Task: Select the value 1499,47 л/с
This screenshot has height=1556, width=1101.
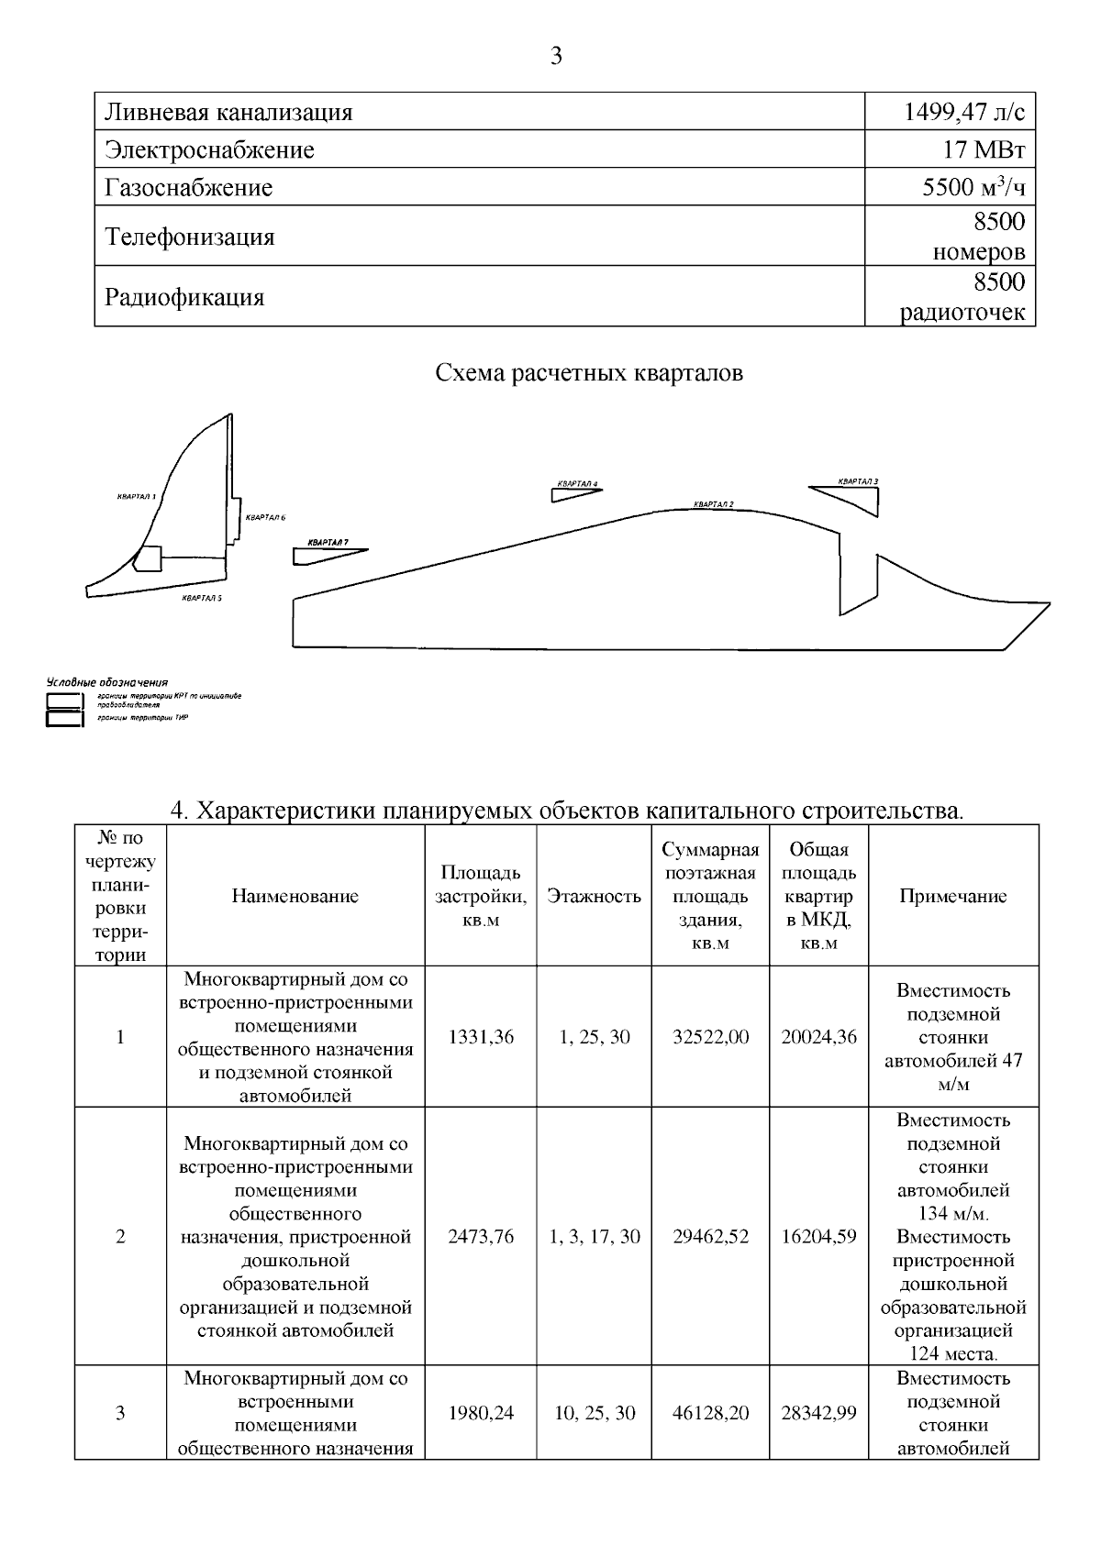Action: pyautogui.click(x=964, y=113)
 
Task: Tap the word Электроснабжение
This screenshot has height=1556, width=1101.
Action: pyautogui.click(x=209, y=150)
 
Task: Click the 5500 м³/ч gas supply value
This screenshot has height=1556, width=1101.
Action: pyautogui.click(x=973, y=188)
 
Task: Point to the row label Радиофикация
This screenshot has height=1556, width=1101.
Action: pyautogui.click(x=184, y=297)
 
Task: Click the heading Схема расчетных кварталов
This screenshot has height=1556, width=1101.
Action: pyautogui.click(x=588, y=373)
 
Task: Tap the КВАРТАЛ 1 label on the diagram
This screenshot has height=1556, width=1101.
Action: pyautogui.click(x=137, y=496)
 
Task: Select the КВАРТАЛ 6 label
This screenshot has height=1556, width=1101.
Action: pyautogui.click(x=265, y=518)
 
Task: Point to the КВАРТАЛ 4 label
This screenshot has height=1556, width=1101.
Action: pyautogui.click(x=577, y=483)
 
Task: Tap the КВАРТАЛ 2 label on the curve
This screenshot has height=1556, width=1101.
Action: pyautogui.click(x=714, y=504)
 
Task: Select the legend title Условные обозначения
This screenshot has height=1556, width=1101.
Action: pyautogui.click(x=107, y=682)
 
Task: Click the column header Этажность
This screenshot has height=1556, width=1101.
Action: pyautogui.click(x=594, y=897)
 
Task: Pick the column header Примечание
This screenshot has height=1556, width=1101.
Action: pyautogui.click(x=952, y=897)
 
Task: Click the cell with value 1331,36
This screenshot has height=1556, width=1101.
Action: pyautogui.click(x=481, y=1037)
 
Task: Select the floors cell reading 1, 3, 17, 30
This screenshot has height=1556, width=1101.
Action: pyautogui.click(x=594, y=1237)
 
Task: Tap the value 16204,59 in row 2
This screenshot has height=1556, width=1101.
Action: pyautogui.click(x=818, y=1237)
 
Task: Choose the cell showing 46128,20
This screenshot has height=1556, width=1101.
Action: pyautogui.click(x=710, y=1413)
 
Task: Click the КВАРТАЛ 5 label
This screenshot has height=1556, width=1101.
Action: pyautogui.click(x=202, y=598)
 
